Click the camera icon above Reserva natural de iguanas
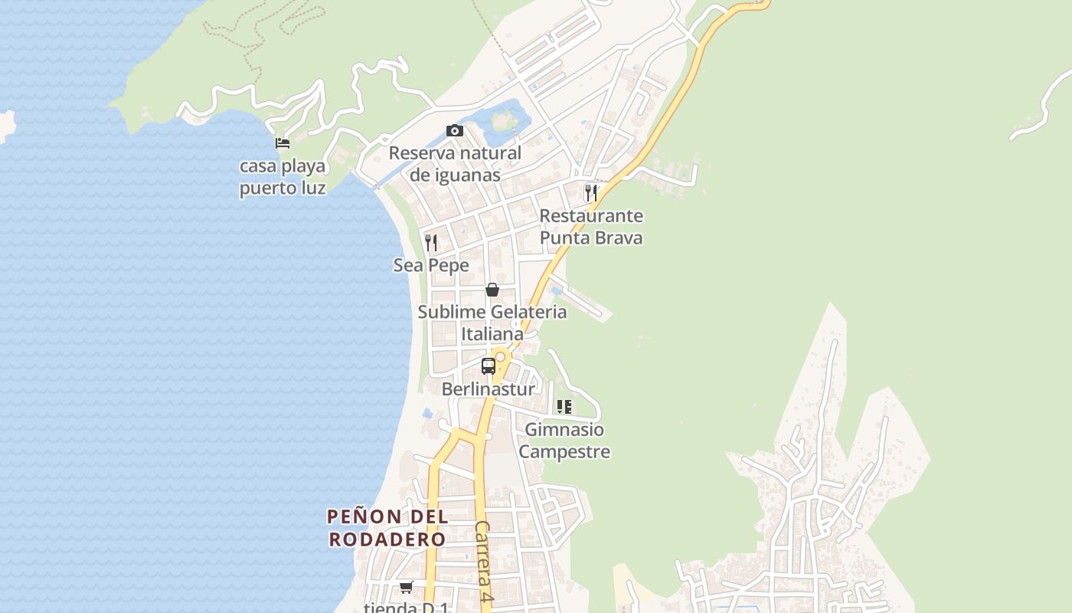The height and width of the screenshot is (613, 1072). tap(455, 130)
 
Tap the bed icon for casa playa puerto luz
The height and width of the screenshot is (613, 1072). tap(283, 143)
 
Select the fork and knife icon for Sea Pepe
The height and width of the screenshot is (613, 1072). tap(431, 243)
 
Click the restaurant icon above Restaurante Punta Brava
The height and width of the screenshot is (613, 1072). tap(590, 192)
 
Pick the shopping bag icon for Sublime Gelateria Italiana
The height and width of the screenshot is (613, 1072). tap(492, 290)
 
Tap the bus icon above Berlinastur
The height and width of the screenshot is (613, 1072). tap(488, 366)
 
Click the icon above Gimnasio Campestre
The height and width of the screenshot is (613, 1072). tap(564, 407)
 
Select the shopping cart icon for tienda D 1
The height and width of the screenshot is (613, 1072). tap(406, 588)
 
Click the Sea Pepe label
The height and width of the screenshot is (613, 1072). tap(431, 265)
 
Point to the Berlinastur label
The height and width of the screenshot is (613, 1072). tap(488, 389)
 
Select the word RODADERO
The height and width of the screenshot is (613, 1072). tap(387, 539)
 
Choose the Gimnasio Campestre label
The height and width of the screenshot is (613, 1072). tap(564, 441)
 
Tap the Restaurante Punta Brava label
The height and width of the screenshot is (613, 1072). tap(591, 227)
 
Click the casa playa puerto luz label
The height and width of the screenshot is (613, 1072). tap(283, 177)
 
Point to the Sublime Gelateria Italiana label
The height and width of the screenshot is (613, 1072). tap(492, 323)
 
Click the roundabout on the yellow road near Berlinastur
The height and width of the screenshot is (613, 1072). tap(500, 356)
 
